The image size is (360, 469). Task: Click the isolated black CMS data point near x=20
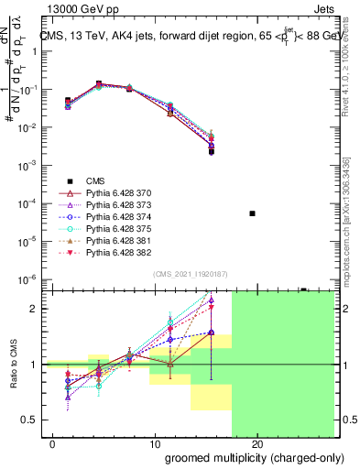point(252,213)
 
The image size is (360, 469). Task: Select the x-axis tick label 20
point(257,445)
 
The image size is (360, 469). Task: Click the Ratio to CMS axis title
point(12,365)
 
